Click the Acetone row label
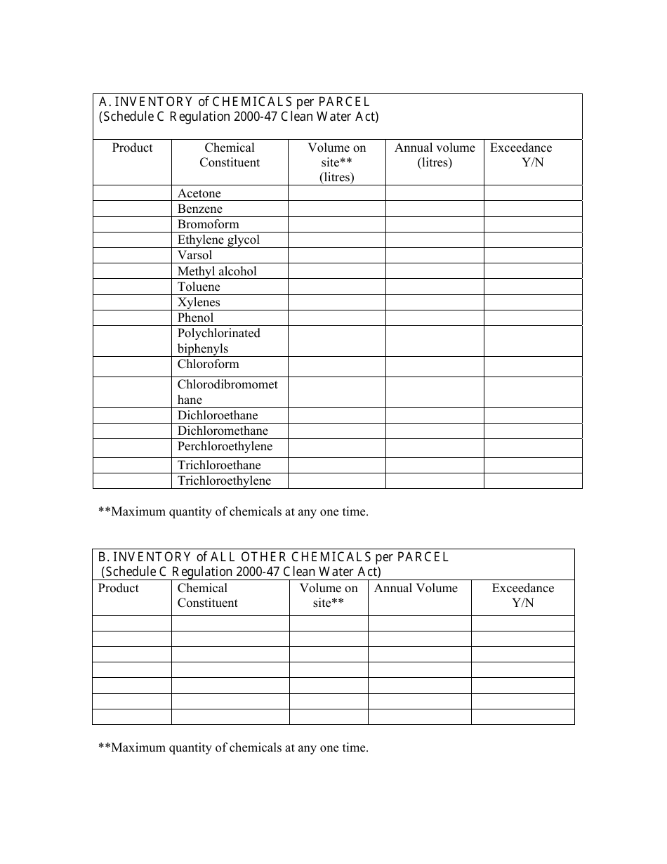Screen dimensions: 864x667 [x=199, y=193]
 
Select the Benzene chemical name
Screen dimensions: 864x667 [x=200, y=209]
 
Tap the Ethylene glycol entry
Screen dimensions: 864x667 [x=218, y=240]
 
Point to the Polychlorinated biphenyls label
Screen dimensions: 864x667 [x=218, y=341]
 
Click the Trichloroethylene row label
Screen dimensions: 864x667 [x=224, y=480]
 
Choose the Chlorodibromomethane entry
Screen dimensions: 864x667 [x=227, y=392]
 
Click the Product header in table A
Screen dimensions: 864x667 [x=132, y=148]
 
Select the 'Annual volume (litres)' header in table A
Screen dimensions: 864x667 [x=435, y=155]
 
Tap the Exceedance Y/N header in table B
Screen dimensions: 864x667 [x=522, y=596]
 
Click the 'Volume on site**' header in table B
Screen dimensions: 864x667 [x=329, y=596]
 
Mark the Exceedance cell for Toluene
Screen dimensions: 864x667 [x=532, y=287]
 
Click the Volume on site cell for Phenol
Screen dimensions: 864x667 [x=336, y=318]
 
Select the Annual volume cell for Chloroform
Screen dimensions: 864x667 [x=435, y=366]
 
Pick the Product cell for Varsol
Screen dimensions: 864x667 [x=132, y=255]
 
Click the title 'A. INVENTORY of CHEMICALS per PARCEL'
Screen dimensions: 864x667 [x=234, y=102]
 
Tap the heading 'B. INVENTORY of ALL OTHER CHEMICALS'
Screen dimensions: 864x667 [x=273, y=557]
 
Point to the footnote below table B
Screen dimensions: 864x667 [x=233, y=747]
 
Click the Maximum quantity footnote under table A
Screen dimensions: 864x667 [x=233, y=511]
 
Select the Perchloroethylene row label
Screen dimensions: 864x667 [x=225, y=447]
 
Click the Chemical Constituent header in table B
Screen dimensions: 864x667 [x=207, y=596]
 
